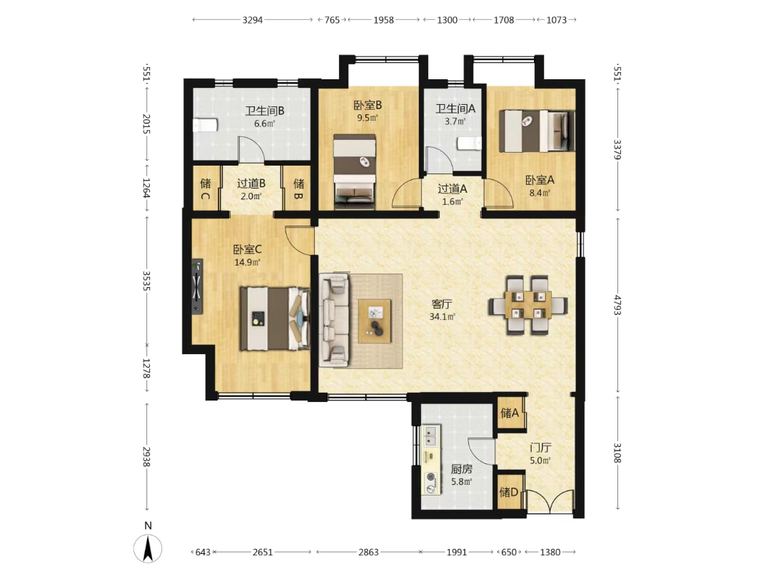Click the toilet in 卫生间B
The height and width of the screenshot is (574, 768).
click(205, 125)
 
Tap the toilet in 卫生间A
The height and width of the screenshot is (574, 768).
click(469, 143)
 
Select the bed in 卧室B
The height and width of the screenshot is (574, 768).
click(355, 172)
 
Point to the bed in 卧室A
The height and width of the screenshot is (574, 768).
click(536, 131)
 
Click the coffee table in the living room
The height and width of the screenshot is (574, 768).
click(375, 321)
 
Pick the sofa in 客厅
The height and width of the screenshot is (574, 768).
click(335, 320)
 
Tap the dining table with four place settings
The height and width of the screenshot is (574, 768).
click(528, 306)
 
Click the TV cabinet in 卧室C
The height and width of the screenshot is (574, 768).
click(197, 286)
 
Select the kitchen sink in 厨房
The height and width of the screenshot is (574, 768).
click(432, 435)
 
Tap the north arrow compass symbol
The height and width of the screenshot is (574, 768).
click(148, 548)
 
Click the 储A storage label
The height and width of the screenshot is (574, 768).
click(510, 413)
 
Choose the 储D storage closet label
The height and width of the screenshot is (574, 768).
click(509, 492)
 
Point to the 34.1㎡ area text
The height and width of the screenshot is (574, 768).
click(443, 316)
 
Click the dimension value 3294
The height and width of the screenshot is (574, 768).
click(253, 20)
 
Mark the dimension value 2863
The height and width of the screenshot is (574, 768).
click(368, 552)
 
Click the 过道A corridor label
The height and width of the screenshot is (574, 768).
click(452, 188)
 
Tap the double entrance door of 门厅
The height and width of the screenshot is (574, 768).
click(549, 501)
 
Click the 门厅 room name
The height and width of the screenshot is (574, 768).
click(541, 448)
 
